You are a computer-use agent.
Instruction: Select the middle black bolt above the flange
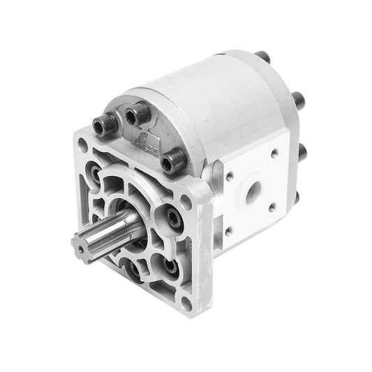pyautogui.click(x=136, y=114)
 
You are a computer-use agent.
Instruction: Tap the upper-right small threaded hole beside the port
pyautogui.click(x=273, y=153)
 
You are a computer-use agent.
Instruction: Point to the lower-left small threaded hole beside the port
pyautogui.click(x=228, y=228)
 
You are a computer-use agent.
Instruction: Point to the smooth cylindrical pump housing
pyautogui.click(x=202, y=105)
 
